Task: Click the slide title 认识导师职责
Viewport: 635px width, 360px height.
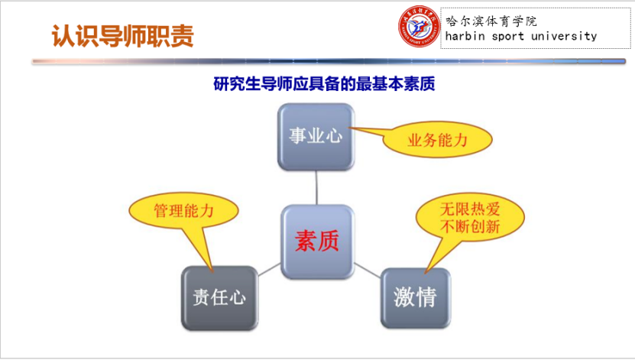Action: coord(122,35)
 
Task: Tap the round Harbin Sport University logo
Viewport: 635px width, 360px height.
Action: coord(420,28)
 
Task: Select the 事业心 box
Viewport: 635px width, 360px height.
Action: coord(316,137)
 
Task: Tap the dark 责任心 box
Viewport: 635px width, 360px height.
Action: coord(219,297)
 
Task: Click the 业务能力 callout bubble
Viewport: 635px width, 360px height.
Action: coord(437,140)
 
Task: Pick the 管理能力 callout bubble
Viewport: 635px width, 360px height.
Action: coord(183,211)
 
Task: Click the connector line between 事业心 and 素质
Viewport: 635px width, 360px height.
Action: coord(316,186)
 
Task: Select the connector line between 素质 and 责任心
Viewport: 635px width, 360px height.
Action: coord(268,269)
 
